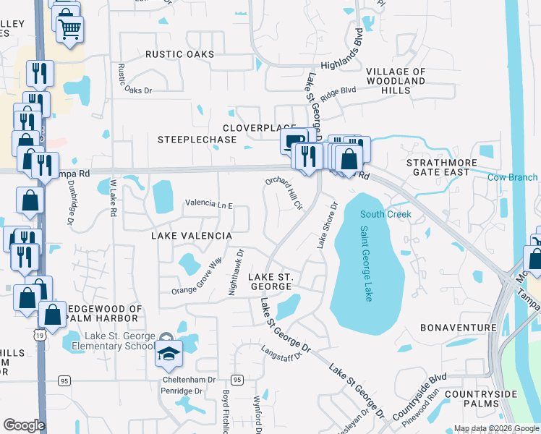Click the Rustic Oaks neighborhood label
click(x=179, y=54)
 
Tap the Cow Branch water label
click(x=512, y=177)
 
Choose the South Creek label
click(x=385, y=214)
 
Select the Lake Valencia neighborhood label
click(x=191, y=237)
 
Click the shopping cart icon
click(x=69, y=30)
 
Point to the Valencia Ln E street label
click(x=208, y=205)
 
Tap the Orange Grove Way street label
click(x=195, y=276)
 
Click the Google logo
click(x=24, y=425)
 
